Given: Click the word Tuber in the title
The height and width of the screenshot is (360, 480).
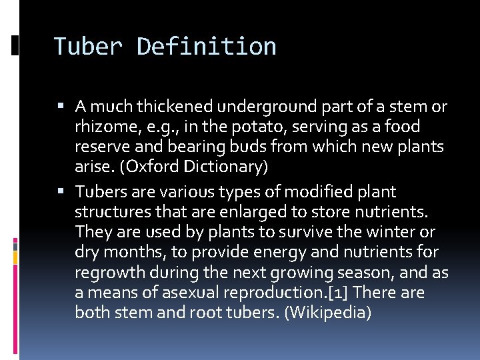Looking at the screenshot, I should [x=87, y=47].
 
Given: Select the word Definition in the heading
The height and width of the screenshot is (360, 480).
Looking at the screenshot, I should [x=206, y=47].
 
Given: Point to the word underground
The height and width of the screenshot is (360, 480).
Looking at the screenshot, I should [x=260, y=106].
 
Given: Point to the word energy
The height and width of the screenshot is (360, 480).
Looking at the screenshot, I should [x=266, y=252].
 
